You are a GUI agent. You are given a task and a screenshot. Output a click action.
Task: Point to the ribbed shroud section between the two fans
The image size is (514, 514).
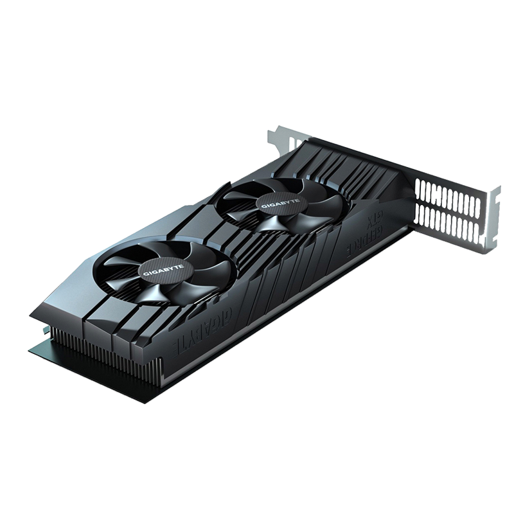click(212, 238)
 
